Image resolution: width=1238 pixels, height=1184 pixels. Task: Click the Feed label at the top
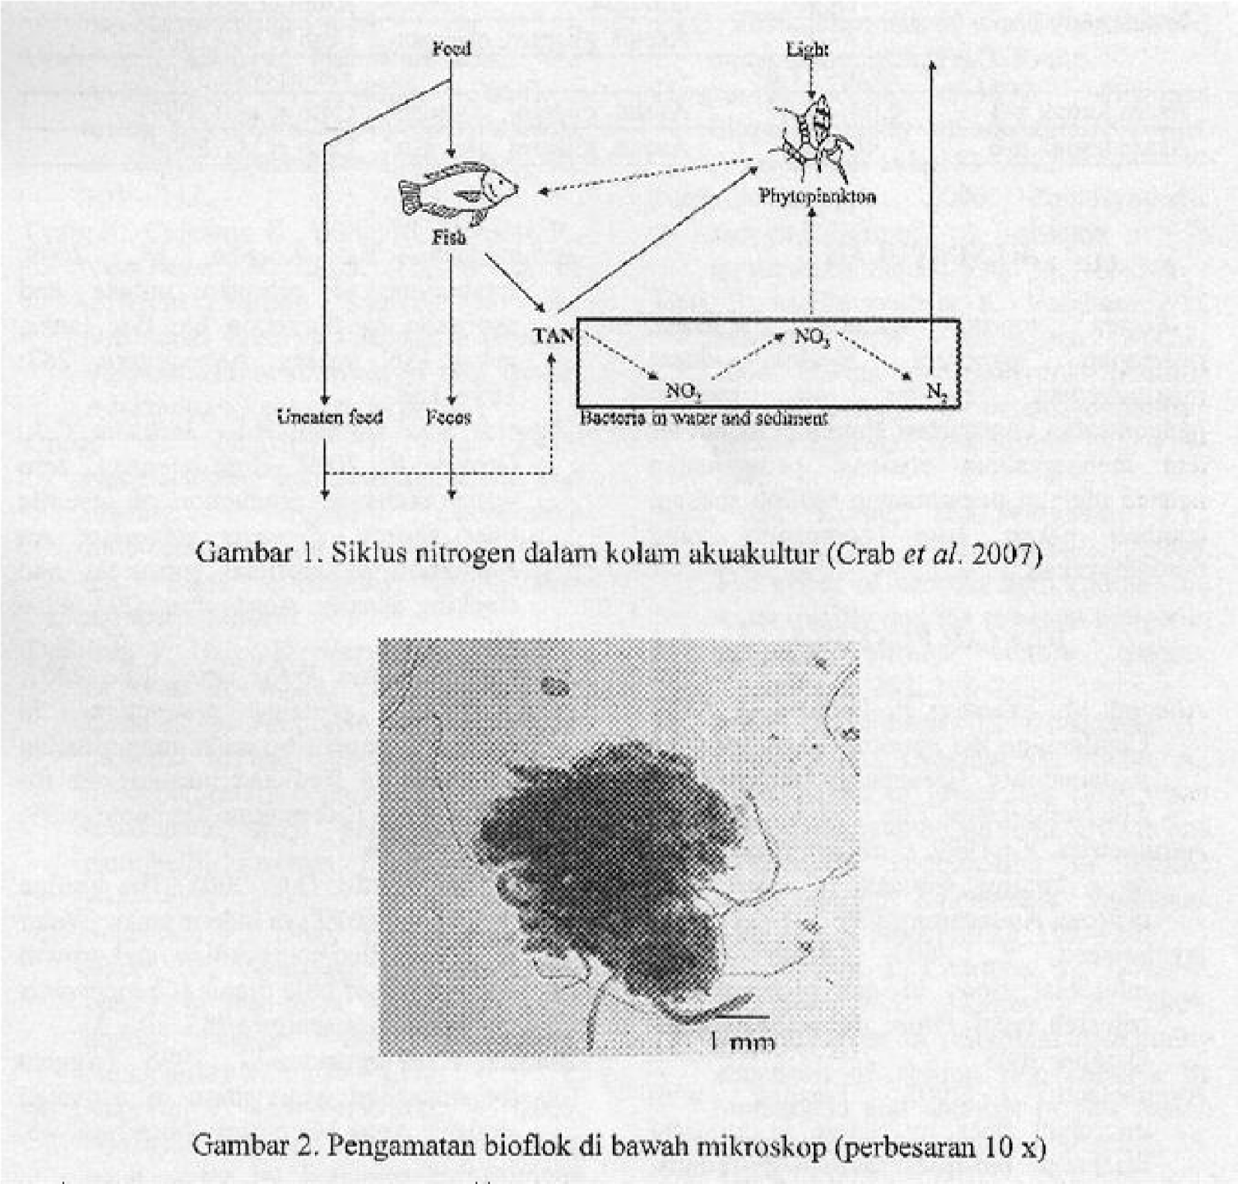pos(451,49)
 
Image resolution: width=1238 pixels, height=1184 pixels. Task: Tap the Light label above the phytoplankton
pos(808,50)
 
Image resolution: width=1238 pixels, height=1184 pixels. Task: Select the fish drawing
pos(458,189)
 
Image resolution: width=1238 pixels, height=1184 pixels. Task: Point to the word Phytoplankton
pos(817,196)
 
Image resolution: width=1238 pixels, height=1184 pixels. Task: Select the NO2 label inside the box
pos(683,392)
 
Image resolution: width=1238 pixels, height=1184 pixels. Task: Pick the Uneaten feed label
pos(330,418)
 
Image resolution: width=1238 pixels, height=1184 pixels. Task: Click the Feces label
pos(449,418)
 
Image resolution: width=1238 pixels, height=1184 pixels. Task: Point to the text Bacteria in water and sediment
pos(703,418)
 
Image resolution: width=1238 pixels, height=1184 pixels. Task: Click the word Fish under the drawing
pos(450,237)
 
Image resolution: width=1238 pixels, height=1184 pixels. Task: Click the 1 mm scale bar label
pos(740,1042)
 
